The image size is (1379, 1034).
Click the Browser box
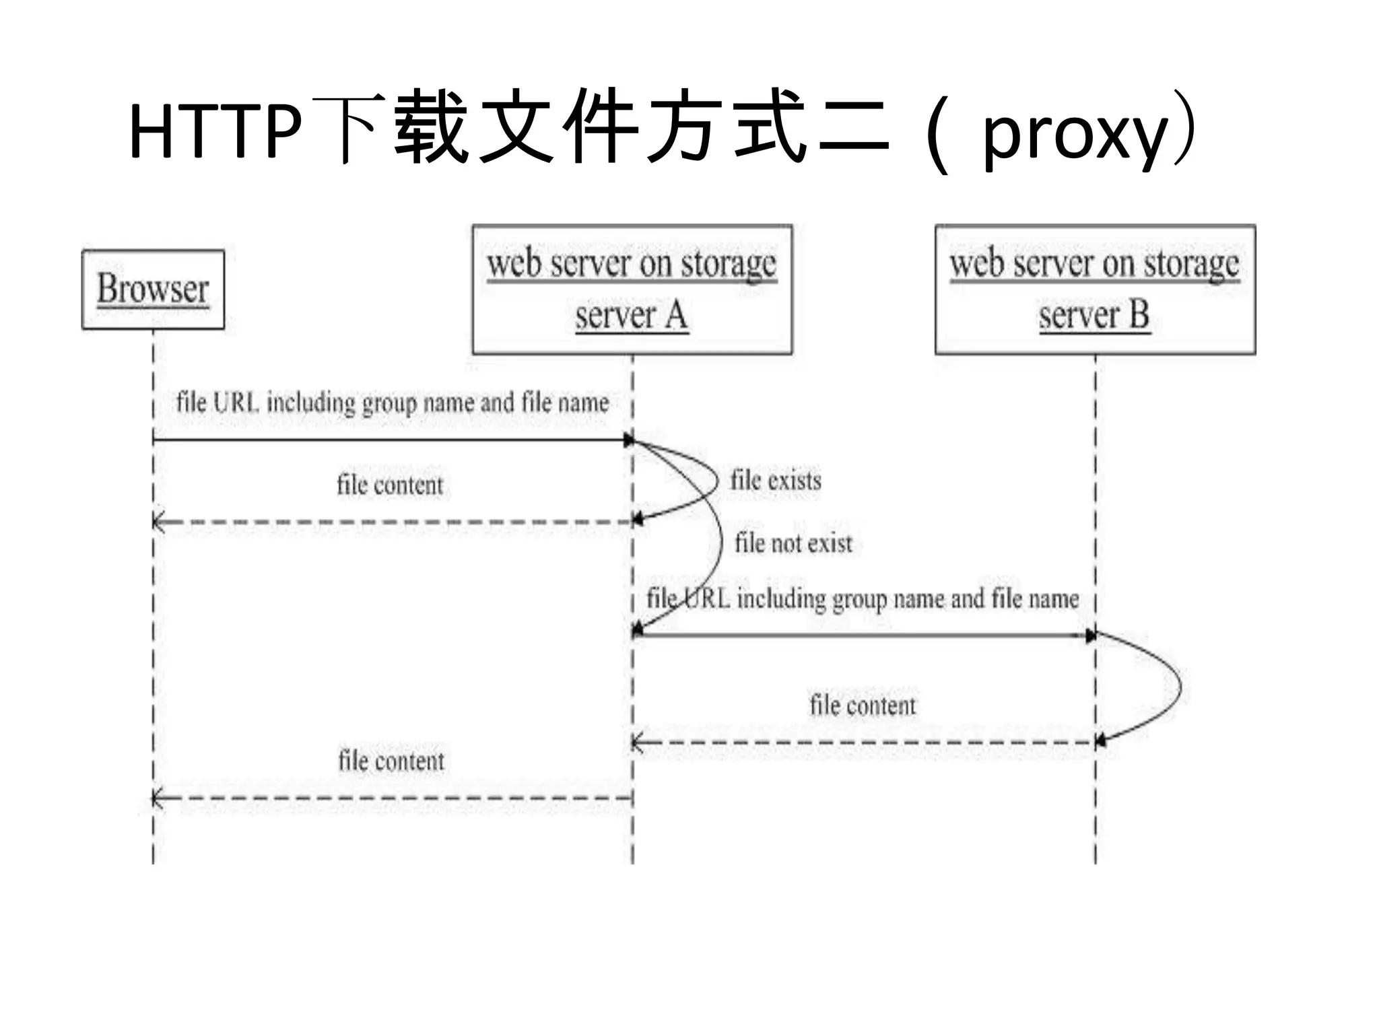[x=153, y=289]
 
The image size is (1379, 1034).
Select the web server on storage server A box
[x=632, y=289]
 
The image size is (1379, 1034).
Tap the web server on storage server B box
[x=1095, y=289]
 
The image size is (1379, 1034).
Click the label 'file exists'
[x=776, y=481]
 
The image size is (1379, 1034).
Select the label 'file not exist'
[x=793, y=543]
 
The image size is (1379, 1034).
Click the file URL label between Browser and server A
[x=393, y=403]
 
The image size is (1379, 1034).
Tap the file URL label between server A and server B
[x=863, y=598]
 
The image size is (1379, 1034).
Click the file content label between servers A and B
[x=863, y=705]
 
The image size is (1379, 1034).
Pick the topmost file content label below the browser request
[x=390, y=485]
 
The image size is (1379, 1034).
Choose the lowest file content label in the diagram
[x=391, y=761]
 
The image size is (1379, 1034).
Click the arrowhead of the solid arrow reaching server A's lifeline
[x=628, y=440]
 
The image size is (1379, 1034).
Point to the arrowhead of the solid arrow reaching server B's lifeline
[x=1090, y=635]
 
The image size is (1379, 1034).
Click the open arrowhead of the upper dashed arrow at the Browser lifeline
[x=158, y=522]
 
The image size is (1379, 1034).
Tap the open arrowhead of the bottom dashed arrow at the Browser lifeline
[x=158, y=798]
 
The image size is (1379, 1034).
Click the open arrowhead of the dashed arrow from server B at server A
[x=637, y=743]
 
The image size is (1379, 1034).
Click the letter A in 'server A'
[x=676, y=315]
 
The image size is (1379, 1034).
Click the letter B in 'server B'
[x=1139, y=315]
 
